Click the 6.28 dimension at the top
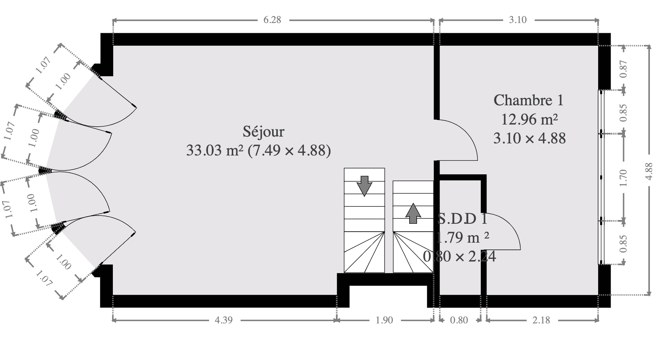pyautogui.click(x=272, y=20)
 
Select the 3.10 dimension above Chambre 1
pyautogui.click(x=517, y=20)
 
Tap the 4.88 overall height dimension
pyautogui.click(x=649, y=171)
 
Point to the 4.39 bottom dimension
pyautogui.click(x=223, y=320)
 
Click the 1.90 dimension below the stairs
pyautogui.click(x=384, y=320)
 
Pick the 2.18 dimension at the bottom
pyautogui.click(x=541, y=320)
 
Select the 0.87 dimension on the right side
pyautogui.click(x=623, y=69)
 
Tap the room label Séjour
pyautogui.click(x=263, y=132)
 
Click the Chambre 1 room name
pyautogui.click(x=528, y=100)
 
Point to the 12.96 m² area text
pyautogui.click(x=529, y=119)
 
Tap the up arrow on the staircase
pyautogui.click(x=413, y=213)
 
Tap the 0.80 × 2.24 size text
pyautogui.click(x=459, y=257)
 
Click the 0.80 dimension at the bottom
pyautogui.click(x=459, y=320)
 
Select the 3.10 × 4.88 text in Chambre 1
pyautogui.click(x=529, y=138)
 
